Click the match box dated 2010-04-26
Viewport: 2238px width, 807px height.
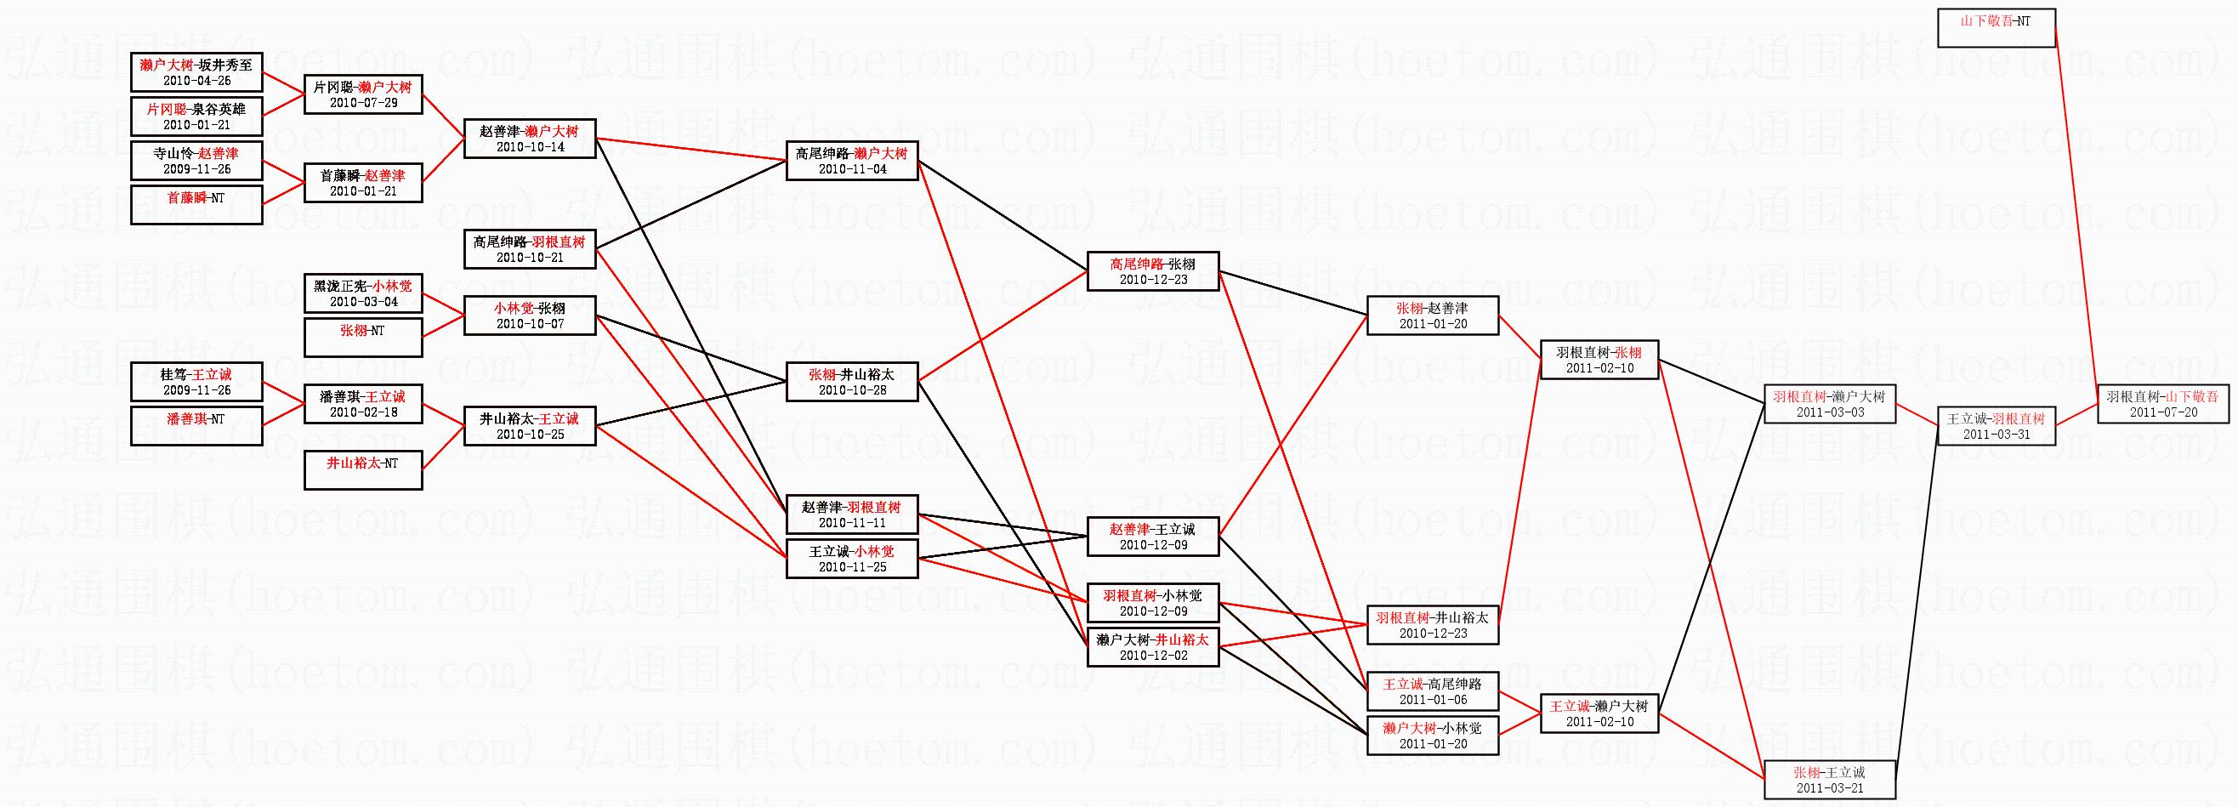click(x=196, y=72)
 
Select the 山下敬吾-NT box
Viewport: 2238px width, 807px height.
click(x=1996, y=27)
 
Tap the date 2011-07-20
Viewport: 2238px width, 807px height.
click(x=2163, y=412)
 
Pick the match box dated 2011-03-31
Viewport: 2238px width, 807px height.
click(x=1996, y=426)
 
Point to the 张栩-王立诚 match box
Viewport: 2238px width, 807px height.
click(x=1829, y=779)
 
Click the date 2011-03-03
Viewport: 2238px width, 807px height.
click(x=1830, y=412)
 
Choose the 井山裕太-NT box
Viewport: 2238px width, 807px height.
click(x=362, y=470)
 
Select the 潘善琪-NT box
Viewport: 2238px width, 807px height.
click(x=196, y=426)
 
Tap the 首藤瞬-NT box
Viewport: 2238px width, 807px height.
click(x=196, y=205)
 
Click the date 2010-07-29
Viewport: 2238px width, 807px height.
click(x=363, y=103)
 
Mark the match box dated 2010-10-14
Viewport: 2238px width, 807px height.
click(x=529, y=138)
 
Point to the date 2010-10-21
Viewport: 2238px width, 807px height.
click(x=529, y=258)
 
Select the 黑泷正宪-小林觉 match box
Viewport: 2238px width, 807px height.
click(x=362, y=293)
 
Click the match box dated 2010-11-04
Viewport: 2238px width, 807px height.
click(x=851, y=161)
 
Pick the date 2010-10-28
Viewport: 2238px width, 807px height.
click(x=851, y=390)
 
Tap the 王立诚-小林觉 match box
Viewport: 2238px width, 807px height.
click(x=851, y=559)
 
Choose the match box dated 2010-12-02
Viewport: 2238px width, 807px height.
click(x=1152, y=647)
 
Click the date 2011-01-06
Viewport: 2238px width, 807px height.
click(x=1433, y=700)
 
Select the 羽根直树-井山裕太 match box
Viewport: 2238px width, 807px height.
click(x=1433, y=624)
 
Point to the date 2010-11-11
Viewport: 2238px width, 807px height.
click(x=851, y=523)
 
